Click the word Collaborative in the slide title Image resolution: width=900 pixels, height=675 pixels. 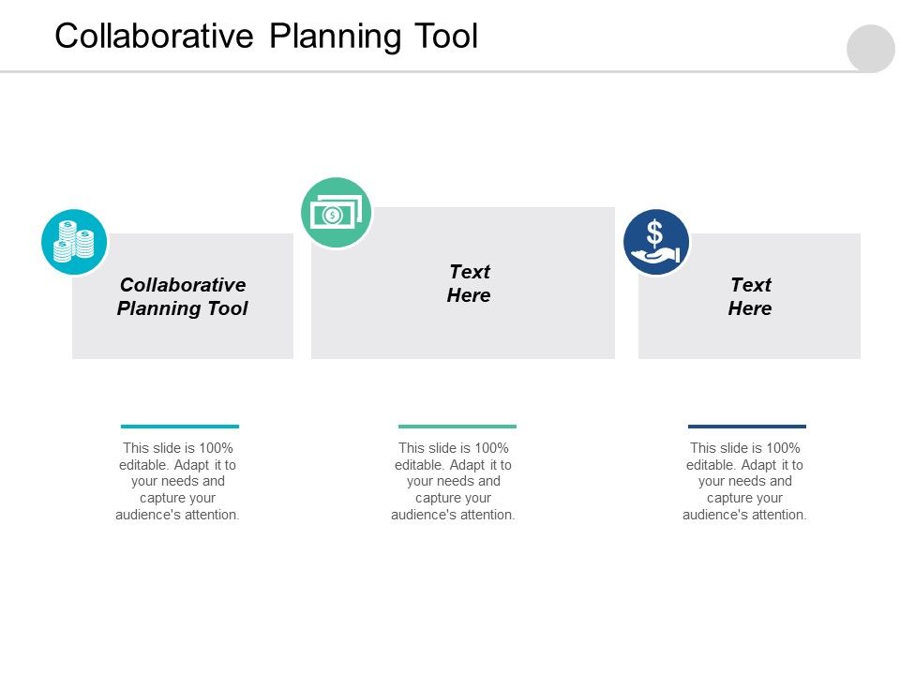[x=155, y=36]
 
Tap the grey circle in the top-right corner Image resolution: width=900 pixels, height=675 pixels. [x=871, y=48]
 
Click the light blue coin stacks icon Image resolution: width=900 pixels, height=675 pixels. [x=74, y=242]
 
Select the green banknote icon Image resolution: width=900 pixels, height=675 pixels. [x=336, y=213]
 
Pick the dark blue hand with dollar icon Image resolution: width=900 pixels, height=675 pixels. [x=656, y=242]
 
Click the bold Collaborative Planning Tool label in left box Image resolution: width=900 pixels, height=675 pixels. [x=183, y=296]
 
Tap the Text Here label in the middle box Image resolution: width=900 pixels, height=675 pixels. [x=469, y=283]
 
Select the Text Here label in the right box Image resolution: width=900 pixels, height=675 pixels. [x=750, y=296]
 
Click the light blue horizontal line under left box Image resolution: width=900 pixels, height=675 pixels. [x=180, y=426]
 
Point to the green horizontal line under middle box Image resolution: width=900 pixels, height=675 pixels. [x=457, y=426]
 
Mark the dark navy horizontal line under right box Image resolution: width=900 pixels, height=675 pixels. [x=746, y=426]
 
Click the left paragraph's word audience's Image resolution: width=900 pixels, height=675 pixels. [x=147, y=515]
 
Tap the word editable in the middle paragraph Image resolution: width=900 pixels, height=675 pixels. [x=417, y=465]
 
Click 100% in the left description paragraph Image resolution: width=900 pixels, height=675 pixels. [x=215, y=448]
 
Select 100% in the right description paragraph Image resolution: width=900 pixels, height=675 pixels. [x=782, y=448]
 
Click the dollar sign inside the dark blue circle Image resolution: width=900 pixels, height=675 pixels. [x=655, y=232]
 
